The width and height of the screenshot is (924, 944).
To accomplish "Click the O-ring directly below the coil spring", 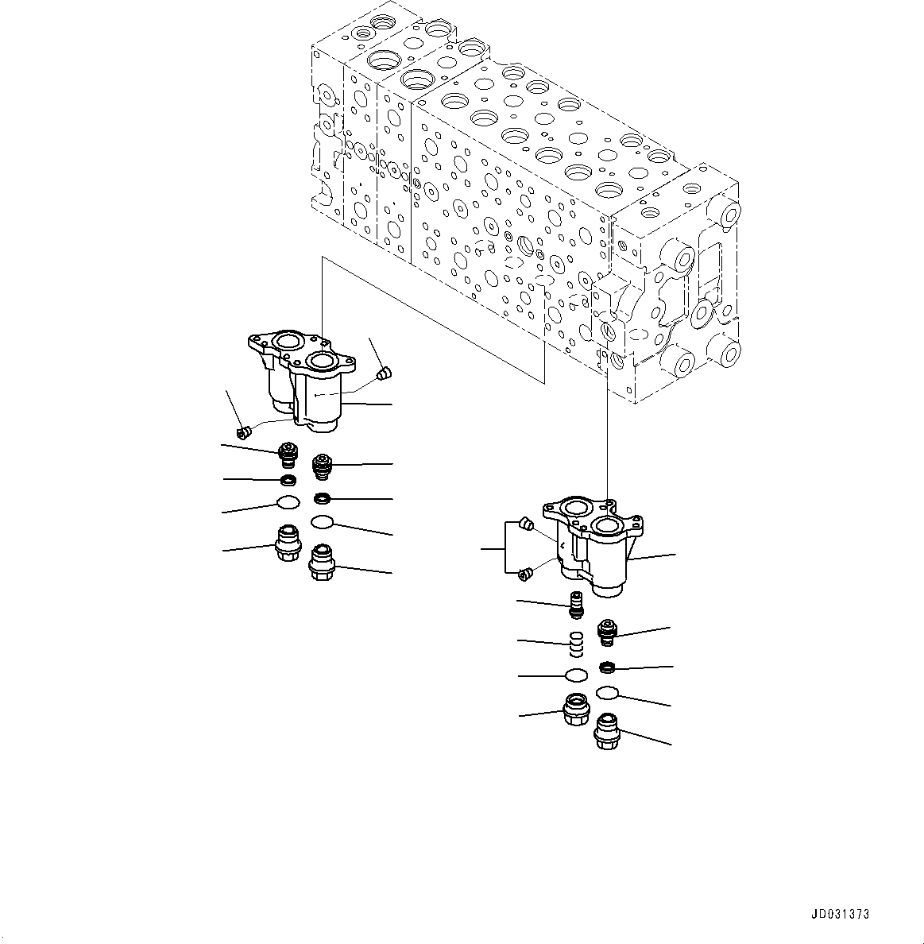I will pos(576,675).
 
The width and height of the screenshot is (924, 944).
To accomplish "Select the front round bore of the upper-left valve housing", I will pos(323,362).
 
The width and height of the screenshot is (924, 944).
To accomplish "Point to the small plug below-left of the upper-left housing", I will pos(245,432).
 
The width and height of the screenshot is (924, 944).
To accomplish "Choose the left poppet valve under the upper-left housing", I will pos(287,455).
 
